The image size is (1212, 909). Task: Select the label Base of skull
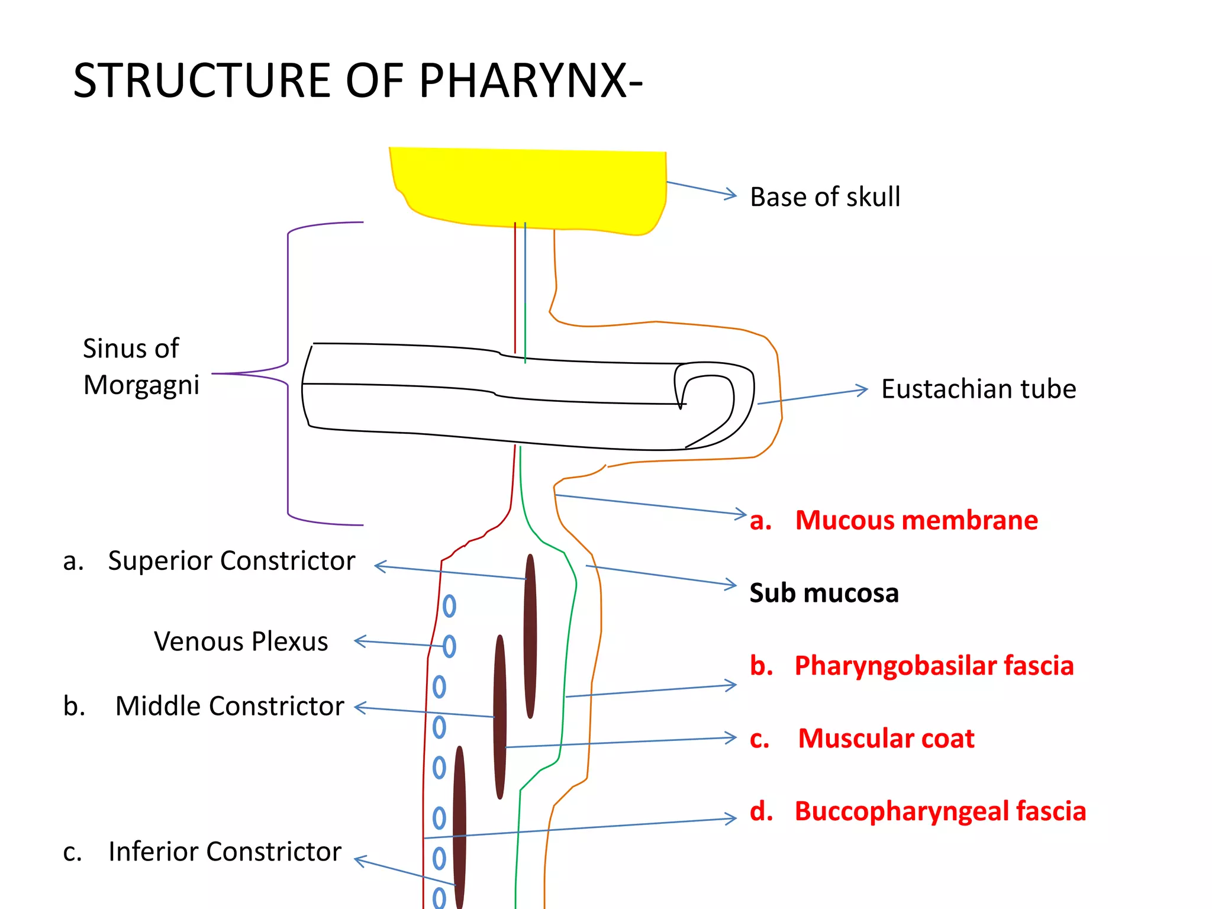pyautogui.click(x=825, y=197)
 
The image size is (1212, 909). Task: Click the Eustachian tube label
pyautogui.click(x=978, y=389)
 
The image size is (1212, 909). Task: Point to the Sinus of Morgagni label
pyautogui.click(x=141, y=366)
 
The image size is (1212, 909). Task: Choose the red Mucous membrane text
pyautogui.click(x=916, y=520)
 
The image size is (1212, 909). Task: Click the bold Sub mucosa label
pyautogui.click(x=824, y=593)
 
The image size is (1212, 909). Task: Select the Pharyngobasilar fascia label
pyautogui.click(x=933, y=666)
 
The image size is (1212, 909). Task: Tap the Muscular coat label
pyautogui.click(x=885, y=739)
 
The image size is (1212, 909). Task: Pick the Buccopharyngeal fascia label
pyautogui.click(x=940, y=811)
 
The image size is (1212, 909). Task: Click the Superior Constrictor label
pyautogui.click(x=231, y=560)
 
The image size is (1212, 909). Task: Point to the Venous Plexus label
pyautogui.click(x=241, y=642)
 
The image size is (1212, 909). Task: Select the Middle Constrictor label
pyautogui.click(x=229, y=706)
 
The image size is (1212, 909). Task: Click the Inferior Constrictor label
pyautogui.click(x=225, y=852)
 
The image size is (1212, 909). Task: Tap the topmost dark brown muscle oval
pyautogui.click(x=530, y=636)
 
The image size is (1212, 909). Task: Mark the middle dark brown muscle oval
pyautogui.click(x=500, y=717)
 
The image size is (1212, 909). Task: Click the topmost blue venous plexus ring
pyautogui.click(x=449, y=606)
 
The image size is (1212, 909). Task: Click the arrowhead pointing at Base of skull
pyautogui.click(x=732, y=194)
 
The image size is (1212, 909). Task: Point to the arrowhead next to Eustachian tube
pyautogui.click(x=863, y=389)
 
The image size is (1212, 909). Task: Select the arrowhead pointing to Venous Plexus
pyautogui.click(x=359, y=641)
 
